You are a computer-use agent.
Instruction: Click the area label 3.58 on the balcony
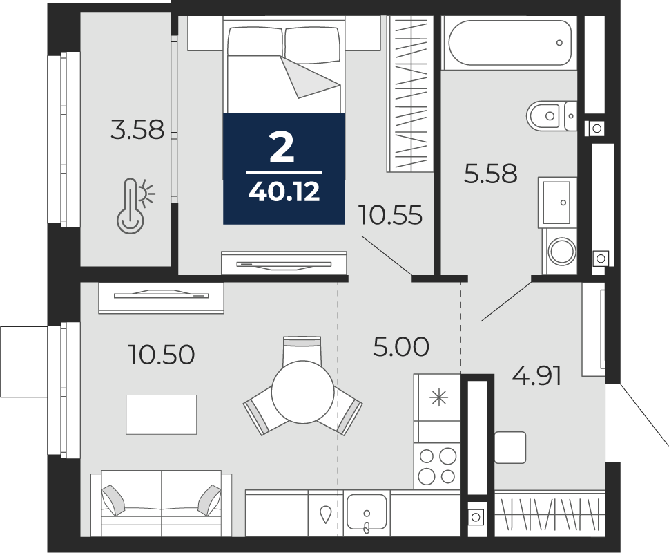coord(137,129)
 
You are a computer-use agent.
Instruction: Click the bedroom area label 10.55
coord(390,215)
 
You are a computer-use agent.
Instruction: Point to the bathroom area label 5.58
coord(490,174)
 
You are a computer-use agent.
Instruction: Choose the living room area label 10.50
coord(161,355)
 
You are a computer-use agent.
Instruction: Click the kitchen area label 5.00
coord(400,347)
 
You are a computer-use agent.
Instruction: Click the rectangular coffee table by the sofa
coord(161,414)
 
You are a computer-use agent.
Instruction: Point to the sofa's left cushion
coord(113,499)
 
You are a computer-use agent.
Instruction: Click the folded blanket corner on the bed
coord(311,76)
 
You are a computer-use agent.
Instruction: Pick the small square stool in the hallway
coord(510,447)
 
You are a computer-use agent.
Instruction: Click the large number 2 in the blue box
coord(282,149)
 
